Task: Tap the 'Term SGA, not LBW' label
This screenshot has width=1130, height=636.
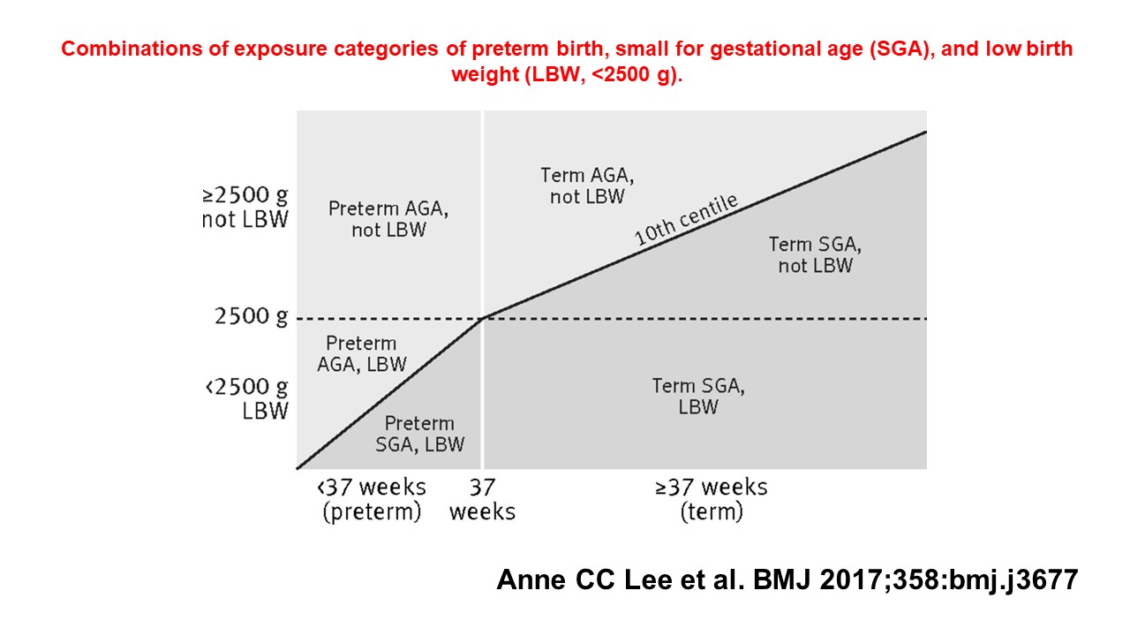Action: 815,254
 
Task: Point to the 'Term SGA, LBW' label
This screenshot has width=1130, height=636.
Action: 698,397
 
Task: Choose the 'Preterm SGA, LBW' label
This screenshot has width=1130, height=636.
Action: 419,434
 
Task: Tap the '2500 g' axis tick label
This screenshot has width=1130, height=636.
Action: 251,317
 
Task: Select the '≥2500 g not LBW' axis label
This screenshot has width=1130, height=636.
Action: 245,208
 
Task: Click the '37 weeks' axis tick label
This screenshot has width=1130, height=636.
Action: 482,499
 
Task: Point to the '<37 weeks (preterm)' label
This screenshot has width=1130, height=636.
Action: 372,499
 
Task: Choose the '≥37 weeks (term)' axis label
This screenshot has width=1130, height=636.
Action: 712,499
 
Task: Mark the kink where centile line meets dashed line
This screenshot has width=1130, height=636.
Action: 483,318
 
